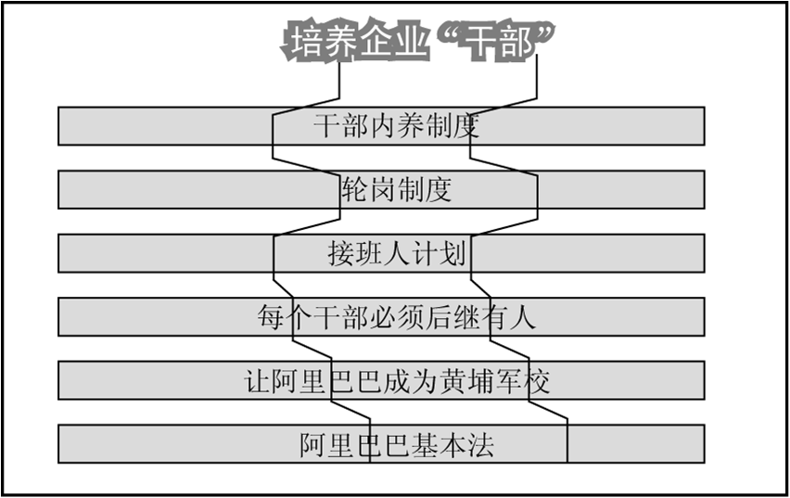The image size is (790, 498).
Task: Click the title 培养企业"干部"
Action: coord(422,43)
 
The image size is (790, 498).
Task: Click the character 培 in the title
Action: coord(307,43)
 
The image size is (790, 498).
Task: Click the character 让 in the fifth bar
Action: coord(256,381)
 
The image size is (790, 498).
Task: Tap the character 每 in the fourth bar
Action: coord(271,317)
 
